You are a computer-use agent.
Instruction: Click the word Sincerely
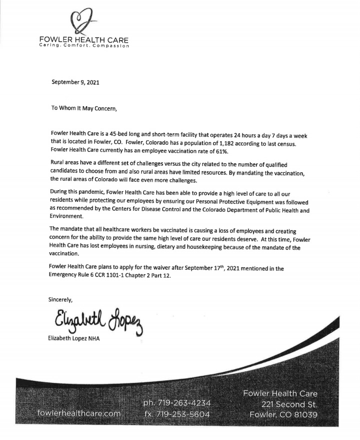60,300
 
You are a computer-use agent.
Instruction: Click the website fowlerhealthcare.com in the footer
79,413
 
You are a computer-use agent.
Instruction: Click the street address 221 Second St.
289,404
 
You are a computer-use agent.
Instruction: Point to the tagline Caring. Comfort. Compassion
84,46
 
